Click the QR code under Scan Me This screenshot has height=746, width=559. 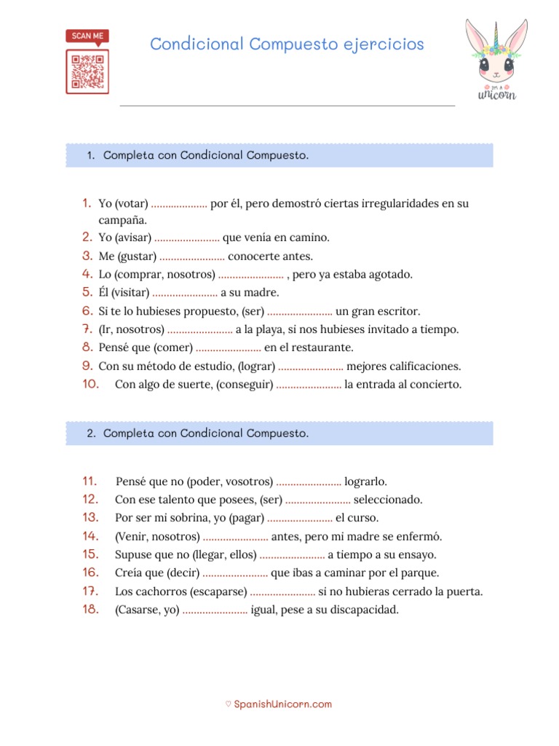coord(87,71)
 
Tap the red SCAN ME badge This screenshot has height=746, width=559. coord(87,36)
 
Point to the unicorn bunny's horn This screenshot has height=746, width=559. coord(496,34)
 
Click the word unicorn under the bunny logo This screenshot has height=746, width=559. coord(497,95)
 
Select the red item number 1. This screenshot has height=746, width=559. coord(86,203)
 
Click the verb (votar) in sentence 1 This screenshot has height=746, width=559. coord(132,204)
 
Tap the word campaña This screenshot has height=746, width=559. coord(123,219)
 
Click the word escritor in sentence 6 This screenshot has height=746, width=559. coord(396,311)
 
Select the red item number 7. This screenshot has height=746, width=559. coord(86,329)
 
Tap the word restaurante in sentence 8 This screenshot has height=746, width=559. coord(318,348)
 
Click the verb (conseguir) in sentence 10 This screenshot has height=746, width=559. coord(245,385)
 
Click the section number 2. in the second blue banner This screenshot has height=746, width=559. coord(91,433)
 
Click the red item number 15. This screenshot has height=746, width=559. coord(90,554)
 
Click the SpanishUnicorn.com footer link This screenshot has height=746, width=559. coord(282,704)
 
